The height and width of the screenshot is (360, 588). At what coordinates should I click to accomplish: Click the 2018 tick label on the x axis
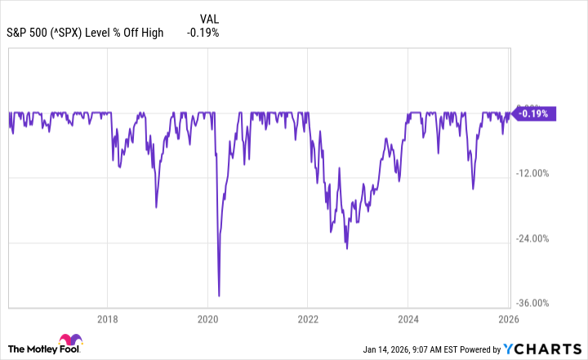pyautogui.click(x=108, y=319)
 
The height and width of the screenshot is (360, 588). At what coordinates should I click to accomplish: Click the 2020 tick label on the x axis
pyautogui.click(x=207, y=319)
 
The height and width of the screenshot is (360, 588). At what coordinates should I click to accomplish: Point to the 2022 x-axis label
pyautogui.click(x=307, y=319)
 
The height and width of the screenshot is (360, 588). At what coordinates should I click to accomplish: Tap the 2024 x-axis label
pyautogui.click(x=408, y=319)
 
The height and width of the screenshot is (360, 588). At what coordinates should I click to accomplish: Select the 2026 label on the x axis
pyautogui.click(x=507, y=319)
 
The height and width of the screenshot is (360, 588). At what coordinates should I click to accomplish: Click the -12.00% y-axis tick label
pyautogui.click(x=536, y=173)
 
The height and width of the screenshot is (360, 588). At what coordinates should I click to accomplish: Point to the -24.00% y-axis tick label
pyautogui.click(x=536, y=238)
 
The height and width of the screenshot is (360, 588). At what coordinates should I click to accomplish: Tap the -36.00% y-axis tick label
pyautogui.click(x=536, y=303)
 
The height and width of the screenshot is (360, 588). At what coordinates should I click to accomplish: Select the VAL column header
pyautogui.click(x=208, y=18)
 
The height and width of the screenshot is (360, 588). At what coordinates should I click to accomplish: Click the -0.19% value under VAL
pyautogui.click(x=203, y=33)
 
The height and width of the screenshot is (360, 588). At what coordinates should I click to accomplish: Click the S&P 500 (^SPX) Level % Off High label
pyautogui.click(x=86, y=33)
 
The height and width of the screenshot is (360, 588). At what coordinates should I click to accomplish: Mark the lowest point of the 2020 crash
pyautogui.click(x=219, y=296)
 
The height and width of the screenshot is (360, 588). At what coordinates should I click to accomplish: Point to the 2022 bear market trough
pyautogui.click(x=346, y=248)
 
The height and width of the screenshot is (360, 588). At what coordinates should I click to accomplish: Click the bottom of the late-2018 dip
pyautogui.click(x=156, y=207)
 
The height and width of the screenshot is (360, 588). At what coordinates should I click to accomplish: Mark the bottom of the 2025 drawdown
pyautogui.click(x=473, y=189)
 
